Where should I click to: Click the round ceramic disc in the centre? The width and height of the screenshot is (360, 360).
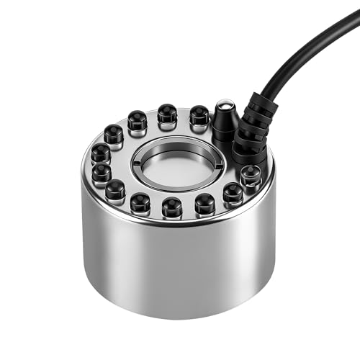coord(176,163)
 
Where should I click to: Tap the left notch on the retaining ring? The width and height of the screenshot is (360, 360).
coord(135,163)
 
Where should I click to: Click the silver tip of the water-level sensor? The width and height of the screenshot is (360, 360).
coord(225,106)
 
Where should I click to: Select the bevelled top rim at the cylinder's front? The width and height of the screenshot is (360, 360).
coord(176,225)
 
